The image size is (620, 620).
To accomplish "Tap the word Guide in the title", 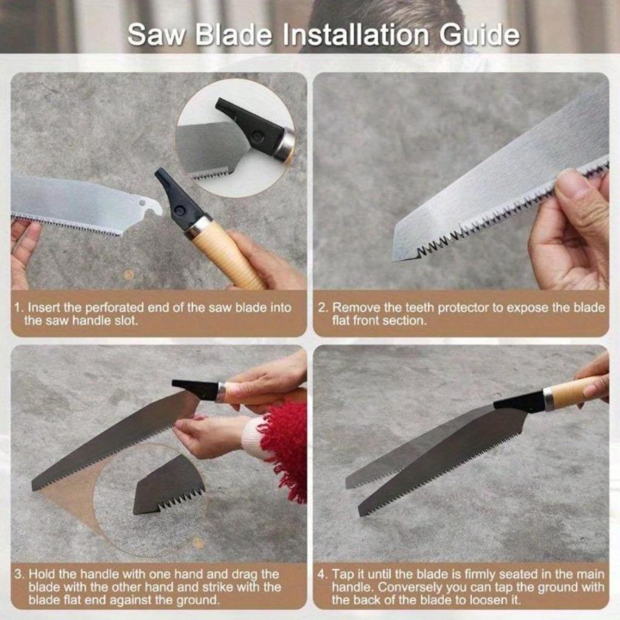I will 487,36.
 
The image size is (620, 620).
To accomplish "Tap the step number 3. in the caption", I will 19,573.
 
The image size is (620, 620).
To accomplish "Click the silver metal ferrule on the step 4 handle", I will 549,399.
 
